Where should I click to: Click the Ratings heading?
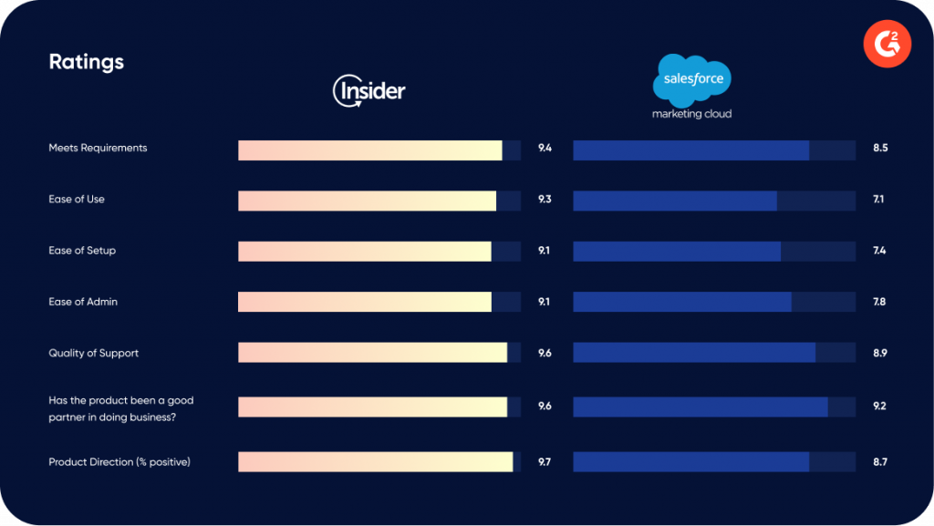[86, 62]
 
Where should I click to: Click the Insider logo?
[369, 90]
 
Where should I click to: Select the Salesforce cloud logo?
[692, 79]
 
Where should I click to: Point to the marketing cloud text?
[691, 114]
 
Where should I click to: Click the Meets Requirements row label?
[98, 148]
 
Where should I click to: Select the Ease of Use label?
[77, 199]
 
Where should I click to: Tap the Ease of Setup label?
[82, 250]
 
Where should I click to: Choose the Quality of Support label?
[94, 353]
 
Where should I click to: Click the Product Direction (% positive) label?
[119, 462]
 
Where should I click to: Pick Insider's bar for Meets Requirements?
[370, 150]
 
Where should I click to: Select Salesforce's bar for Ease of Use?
[675, 201]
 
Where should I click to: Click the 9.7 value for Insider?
[545, 462]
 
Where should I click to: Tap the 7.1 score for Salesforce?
[878, 199]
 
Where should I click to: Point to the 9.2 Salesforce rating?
[880, 406]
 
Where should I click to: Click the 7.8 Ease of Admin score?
[880, 302]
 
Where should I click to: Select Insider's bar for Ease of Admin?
[365, 302]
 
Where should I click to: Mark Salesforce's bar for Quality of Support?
[694, 353]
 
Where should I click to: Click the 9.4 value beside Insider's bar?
[545, 148]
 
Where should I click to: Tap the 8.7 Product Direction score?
[880, 462]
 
